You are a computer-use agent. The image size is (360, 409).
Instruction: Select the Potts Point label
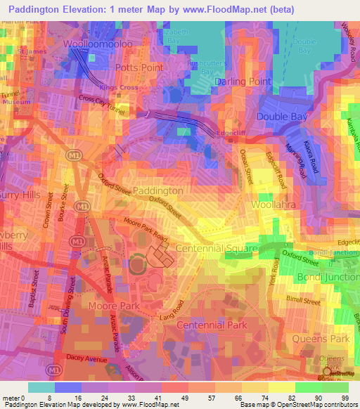(139, 67)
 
